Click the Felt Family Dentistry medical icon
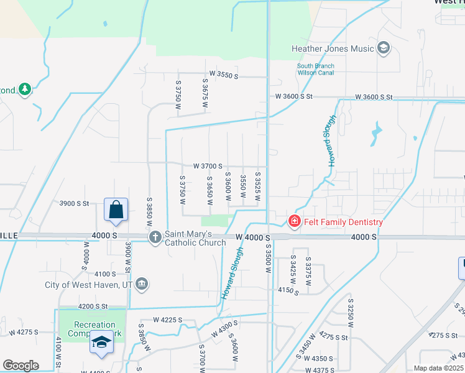click(x=294, y=221)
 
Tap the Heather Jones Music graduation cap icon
click(x=384, y=48)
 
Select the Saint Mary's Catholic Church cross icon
click(x=155, y=237)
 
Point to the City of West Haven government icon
click(x=142, y=285)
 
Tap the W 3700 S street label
click(x=208, y=166)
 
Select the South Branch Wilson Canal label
click(x=315, y=69)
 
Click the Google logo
click(x=21, y=366)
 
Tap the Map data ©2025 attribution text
click(x=438, y=368)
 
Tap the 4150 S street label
click(x=288, y=290)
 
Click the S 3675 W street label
click(x=205, y=93)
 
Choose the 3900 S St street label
click(x=75, y=203)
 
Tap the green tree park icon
click(x=24, y=90)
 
